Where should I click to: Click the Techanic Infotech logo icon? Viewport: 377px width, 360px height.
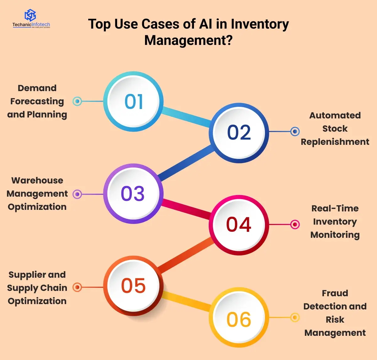[30, 15]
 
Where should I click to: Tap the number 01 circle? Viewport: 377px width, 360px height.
[133, 101]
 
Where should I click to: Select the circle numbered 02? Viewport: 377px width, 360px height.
[239, 132]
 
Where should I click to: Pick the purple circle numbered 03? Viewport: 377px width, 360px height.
[133, 194]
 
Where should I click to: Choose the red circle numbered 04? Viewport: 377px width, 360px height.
[239, 225]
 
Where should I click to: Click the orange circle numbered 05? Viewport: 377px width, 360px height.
[133, 286]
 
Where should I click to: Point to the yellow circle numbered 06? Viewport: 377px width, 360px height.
[239, 319]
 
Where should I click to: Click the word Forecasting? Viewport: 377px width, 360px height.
[37, 101]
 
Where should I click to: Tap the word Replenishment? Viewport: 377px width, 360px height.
[335, 142]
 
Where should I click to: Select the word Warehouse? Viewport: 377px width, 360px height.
[37, 180]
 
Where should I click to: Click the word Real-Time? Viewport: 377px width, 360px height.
[335, 208]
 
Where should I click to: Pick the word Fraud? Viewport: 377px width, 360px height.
[335, 293]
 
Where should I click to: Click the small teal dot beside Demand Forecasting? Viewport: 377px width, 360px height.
[77, 101]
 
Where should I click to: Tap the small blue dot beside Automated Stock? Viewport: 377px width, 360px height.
[295, 132]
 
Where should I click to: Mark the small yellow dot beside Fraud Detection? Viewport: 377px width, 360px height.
[295, 318]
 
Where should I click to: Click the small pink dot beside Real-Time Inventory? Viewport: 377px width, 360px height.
[295, 224]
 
